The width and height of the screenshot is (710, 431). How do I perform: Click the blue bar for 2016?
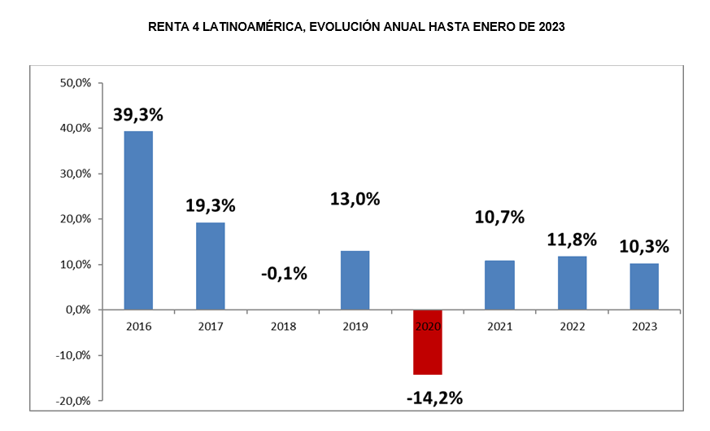click(x=137, y=220)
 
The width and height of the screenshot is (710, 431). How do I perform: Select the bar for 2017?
click(x=211, y=266)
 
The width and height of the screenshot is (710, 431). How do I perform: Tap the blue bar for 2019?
click(x=355, y=280)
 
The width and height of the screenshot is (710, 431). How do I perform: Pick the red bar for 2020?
click(x=427, y=342)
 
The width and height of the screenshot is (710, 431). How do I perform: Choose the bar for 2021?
click(x=499, y=285)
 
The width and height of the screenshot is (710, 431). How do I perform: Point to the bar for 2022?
click(x=572, y=283)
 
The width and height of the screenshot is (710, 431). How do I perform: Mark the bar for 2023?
click(x=644, y=286)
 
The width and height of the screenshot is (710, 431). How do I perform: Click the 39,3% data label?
click(x=137, y=114)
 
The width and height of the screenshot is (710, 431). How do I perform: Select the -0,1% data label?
click(x=284, y=273)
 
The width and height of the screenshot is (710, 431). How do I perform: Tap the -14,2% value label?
click(x=433, y=398)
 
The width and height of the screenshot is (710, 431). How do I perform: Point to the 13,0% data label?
click(x=355, y=199)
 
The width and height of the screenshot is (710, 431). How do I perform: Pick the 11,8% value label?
click(x=572, y=240)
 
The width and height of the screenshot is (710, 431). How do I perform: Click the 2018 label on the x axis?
click(x=283, y=327)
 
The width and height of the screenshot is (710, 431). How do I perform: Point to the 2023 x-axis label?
click(x=644, y=327)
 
